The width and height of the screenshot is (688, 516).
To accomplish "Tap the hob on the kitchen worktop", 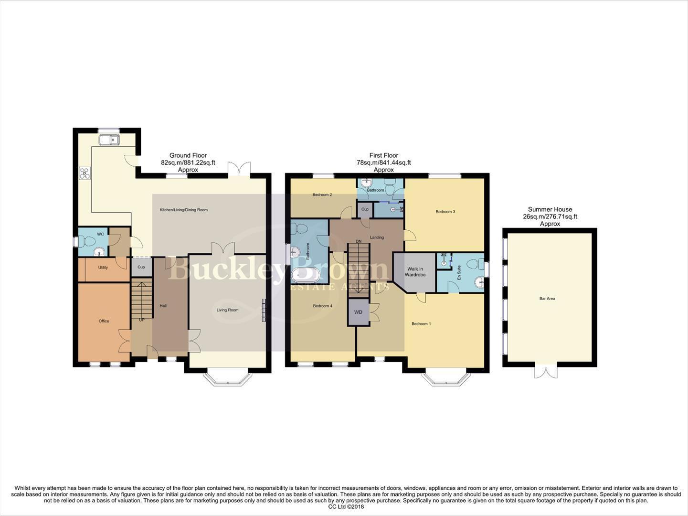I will (85, 173).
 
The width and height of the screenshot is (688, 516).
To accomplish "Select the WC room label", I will (100, 234).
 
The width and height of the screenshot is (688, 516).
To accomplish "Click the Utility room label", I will (103, 268).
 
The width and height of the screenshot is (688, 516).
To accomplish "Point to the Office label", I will (104, 321).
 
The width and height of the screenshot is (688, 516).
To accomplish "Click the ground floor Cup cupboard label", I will (141, 267).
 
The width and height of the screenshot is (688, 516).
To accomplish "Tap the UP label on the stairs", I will (141, 320).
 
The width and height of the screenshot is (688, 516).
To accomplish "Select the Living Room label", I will (227, 310).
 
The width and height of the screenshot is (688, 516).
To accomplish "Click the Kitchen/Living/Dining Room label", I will (184, 210).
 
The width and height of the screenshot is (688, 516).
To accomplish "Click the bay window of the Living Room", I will (227, 377).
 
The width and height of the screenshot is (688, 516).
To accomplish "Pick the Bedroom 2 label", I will (322, 194).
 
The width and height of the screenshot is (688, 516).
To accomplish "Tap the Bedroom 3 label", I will (445, 212).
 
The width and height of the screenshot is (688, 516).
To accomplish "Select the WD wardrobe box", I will (358, 312).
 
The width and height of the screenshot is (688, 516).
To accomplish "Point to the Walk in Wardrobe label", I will (415, 272).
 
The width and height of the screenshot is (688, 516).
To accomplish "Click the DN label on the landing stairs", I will (358, 241).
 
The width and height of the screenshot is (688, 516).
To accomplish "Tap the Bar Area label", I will (547, 299).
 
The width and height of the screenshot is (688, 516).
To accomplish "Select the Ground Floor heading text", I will (188, 155).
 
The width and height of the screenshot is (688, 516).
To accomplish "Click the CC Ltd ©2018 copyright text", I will (346, 507).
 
